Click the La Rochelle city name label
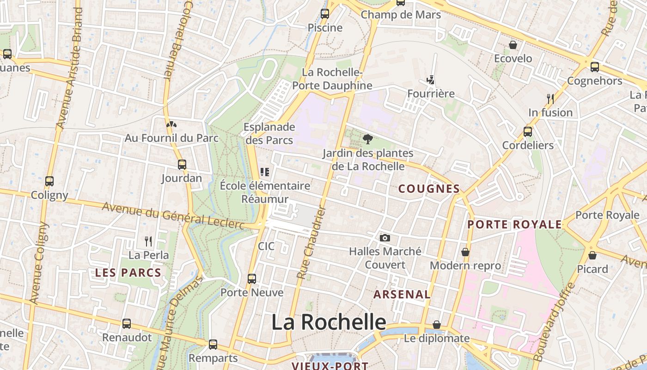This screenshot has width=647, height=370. click(328, 322)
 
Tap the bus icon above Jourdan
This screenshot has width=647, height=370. click(182, 164)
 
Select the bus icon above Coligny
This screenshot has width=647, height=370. click(49, 181)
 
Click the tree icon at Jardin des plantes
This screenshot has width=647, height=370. click(368, 139)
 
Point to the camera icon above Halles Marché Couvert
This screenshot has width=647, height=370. click(385, 238)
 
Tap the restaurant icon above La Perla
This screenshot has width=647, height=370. click(148, 241)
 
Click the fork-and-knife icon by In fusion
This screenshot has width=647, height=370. click(550, 99)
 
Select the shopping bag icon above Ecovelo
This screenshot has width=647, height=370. click(513, 45)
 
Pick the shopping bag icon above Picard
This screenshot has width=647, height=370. click(592, 255)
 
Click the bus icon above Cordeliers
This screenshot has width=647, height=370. click(528, 131)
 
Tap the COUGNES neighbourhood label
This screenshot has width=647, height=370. click(429, 189)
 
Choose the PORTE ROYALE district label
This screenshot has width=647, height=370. click(514, 225)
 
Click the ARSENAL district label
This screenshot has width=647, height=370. click(402, 294)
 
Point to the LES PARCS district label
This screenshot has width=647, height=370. click(128, 273)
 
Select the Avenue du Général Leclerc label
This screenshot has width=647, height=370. click(173, 216)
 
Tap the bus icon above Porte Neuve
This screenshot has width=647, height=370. click(252, 279)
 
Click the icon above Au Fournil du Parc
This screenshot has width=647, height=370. click(171, 124)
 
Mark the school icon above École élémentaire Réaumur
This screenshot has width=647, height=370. click(265, 172)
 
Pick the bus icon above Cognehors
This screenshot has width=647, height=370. click(595, 67)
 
